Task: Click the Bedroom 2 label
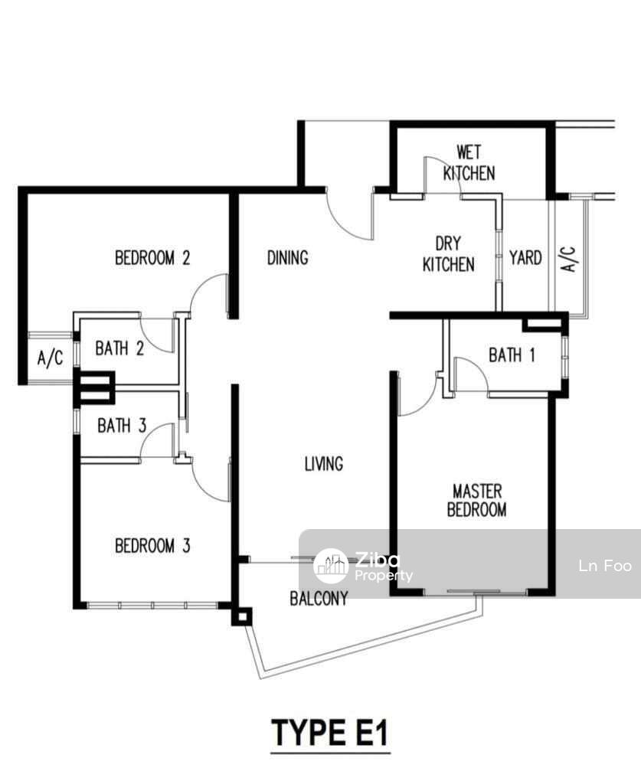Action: point(152,258)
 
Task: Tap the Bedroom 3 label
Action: point(152,545)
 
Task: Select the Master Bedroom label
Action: point(476,500)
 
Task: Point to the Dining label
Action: point(287,258)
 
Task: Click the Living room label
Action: point(324,464)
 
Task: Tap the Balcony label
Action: point(319,599)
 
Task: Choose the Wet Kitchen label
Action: point(469,163)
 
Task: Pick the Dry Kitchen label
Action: point(449,254)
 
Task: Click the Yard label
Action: point(525,258)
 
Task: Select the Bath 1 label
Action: point(512,355)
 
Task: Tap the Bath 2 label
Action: point(119,348)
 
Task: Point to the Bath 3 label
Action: point(122,426)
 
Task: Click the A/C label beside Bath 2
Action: point(50,358)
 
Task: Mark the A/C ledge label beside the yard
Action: point(570,259)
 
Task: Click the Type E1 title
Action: point(330,733)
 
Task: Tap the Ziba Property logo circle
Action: point(331,566)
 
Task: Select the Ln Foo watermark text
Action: point(605,566)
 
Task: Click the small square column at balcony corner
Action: point(242,617)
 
